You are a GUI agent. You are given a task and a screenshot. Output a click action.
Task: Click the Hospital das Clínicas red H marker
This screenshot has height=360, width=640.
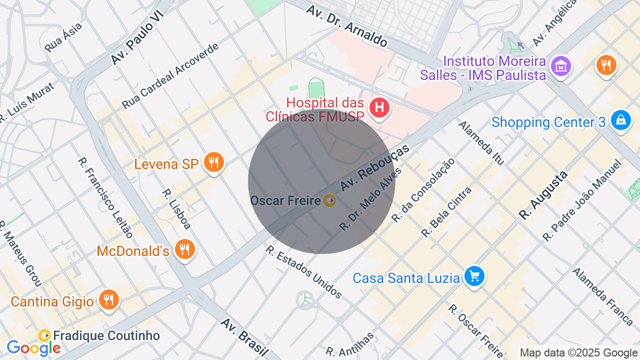point(379,107)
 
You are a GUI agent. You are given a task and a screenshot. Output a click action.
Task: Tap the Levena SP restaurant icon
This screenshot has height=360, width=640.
point(213,162)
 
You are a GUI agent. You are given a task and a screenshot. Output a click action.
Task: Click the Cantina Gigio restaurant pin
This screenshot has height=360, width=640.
point(108,300)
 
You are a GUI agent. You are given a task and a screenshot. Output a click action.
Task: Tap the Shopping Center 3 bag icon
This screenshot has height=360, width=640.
point(620,120)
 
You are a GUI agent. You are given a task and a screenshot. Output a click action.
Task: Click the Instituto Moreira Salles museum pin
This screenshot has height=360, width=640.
point(560,66)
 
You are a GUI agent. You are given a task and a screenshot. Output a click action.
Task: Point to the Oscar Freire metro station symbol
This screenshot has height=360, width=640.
point(329,200)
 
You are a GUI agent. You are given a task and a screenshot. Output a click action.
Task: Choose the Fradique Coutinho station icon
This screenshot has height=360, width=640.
point(44,335)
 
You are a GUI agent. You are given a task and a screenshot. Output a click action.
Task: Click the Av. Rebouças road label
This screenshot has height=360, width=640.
point(374,167)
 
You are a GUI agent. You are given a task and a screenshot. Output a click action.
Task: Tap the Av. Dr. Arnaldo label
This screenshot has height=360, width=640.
point(346,26)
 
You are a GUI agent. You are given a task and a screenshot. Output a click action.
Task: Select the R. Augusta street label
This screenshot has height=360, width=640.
point(543,195)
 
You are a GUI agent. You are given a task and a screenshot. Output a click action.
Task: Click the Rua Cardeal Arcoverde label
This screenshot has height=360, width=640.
point(170,76)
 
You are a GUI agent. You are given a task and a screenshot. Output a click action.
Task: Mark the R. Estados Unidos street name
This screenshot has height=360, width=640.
point(303,272)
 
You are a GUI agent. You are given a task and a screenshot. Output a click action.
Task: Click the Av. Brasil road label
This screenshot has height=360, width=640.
point(244,338)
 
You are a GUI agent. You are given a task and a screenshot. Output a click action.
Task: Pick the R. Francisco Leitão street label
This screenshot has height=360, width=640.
point(105,197)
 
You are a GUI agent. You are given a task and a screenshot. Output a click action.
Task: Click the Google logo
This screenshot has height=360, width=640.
point(33,347)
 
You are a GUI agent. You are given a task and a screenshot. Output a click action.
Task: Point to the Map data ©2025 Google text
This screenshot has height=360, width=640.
point(578,352)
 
